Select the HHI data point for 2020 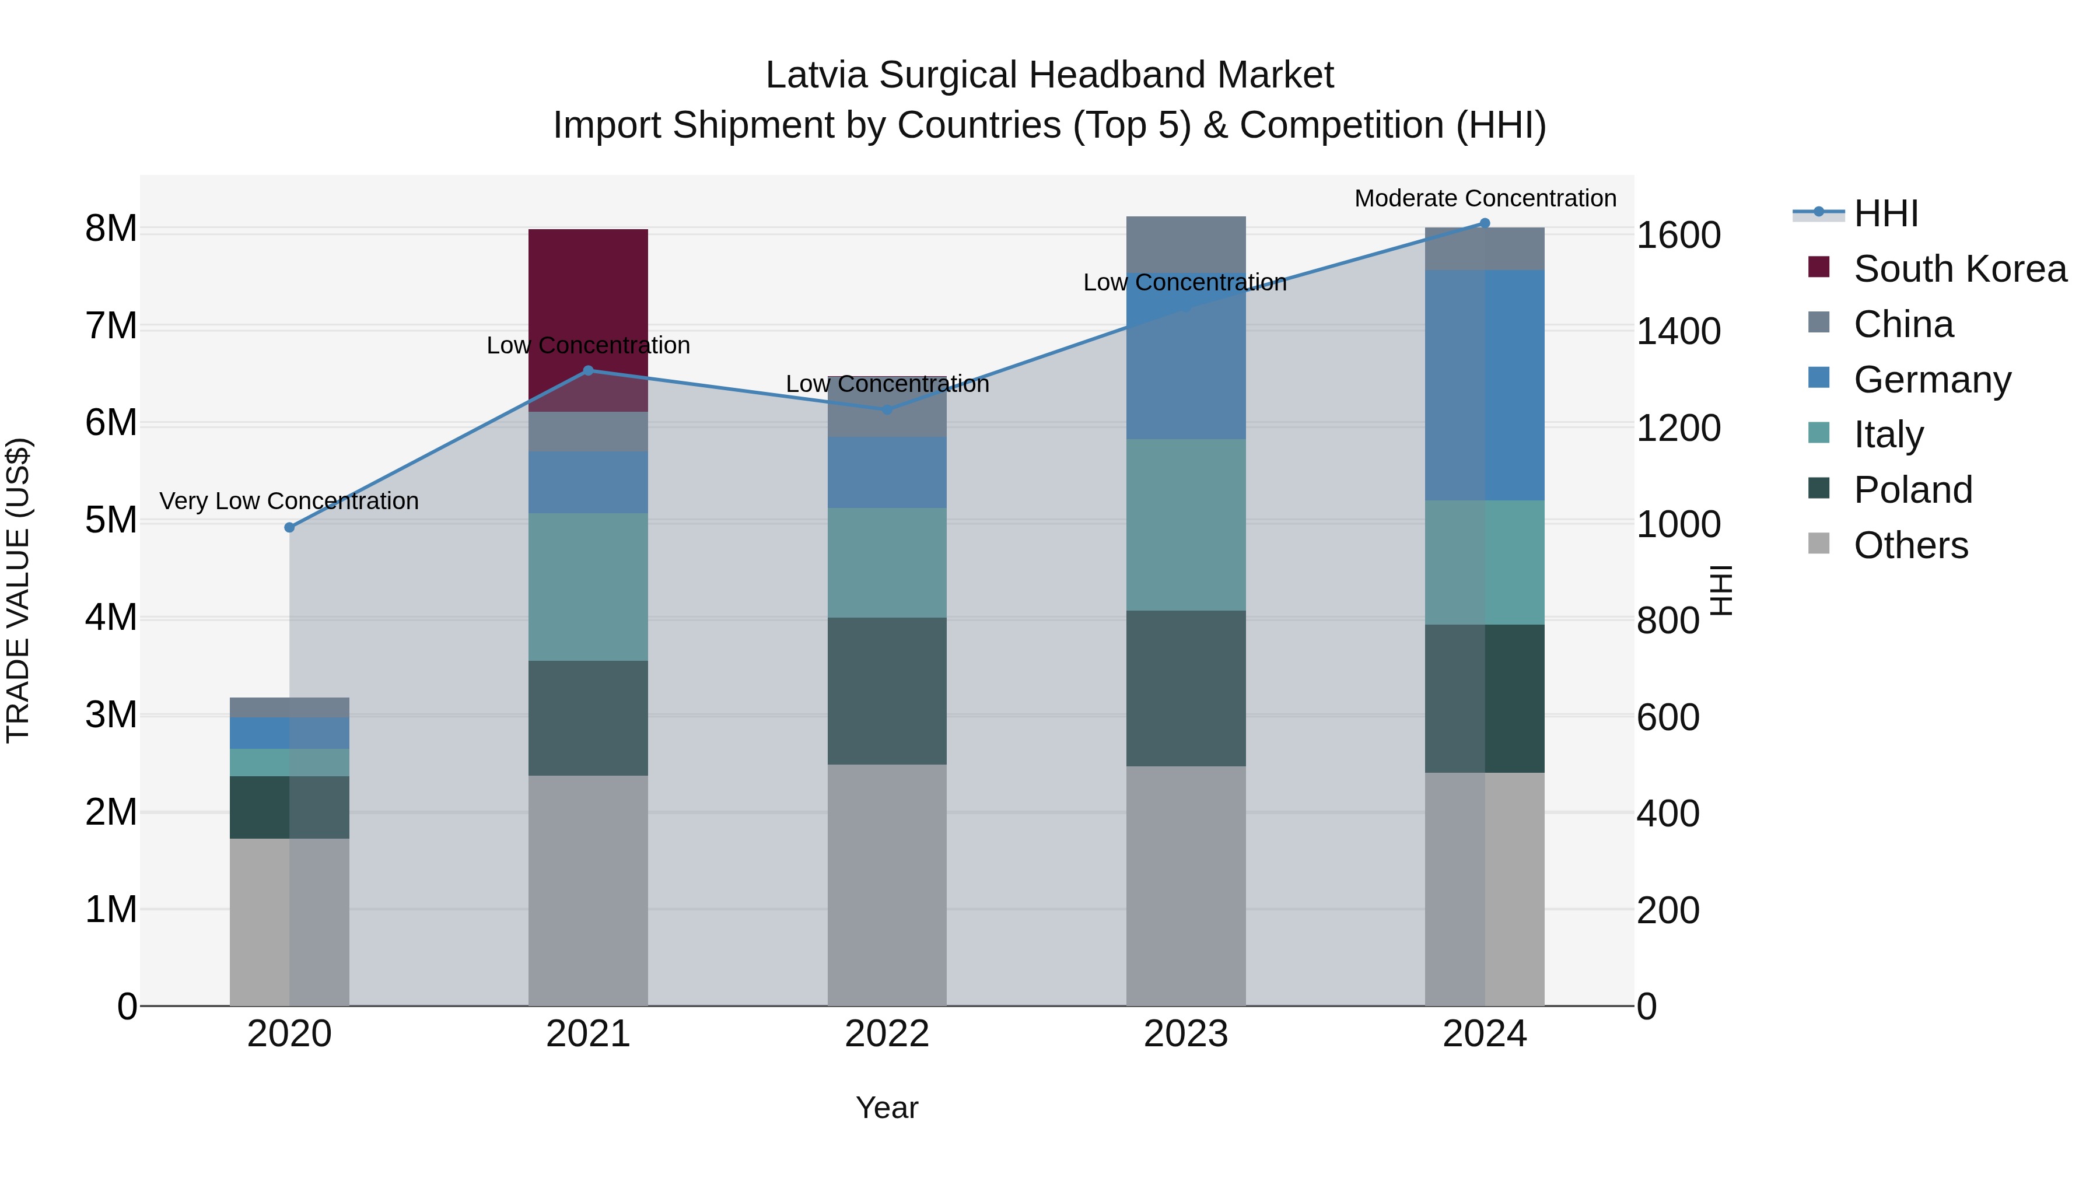point(289,527)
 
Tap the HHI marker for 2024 point(1485,223)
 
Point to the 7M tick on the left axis point(111,326)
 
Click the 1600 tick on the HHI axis point(1678,236)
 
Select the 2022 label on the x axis point(887,1034)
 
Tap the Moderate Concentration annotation point(1485,198)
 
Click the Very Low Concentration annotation point(289,500)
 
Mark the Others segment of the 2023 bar point(1185,884)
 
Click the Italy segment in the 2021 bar point(588,586)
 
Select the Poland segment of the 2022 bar point(887,691)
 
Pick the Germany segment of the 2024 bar point(1485,385)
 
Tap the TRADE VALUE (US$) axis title point(18,590)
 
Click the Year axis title point(887,1108)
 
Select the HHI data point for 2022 point(887,409)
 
